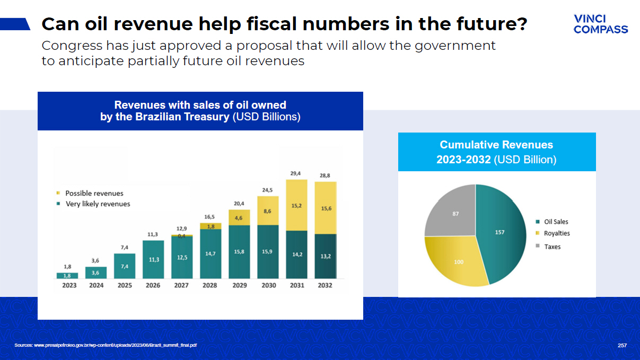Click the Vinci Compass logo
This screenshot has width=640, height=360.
pos(600,24)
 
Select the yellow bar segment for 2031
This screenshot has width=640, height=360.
pos(296,205)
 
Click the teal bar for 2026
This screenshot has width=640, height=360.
pos(153,259)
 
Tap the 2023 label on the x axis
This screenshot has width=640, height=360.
pos(67,285)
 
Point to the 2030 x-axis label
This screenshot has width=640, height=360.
pos(268,285)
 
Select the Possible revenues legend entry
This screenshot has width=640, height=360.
pos(93,193)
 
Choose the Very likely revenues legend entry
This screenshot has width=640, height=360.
pos(97,204)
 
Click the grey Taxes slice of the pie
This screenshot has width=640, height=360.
pos(451,212)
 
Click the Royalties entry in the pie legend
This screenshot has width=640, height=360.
pos(556,233)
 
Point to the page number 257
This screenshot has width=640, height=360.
pos(623,346)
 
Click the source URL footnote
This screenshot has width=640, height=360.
pos(106,346)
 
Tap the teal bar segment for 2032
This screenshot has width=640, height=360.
pos(325,256)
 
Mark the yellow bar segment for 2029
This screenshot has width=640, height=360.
pos(239,217)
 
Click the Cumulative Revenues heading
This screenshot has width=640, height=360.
pos(496,145)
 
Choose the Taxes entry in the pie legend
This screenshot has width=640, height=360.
pos(551,247)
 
